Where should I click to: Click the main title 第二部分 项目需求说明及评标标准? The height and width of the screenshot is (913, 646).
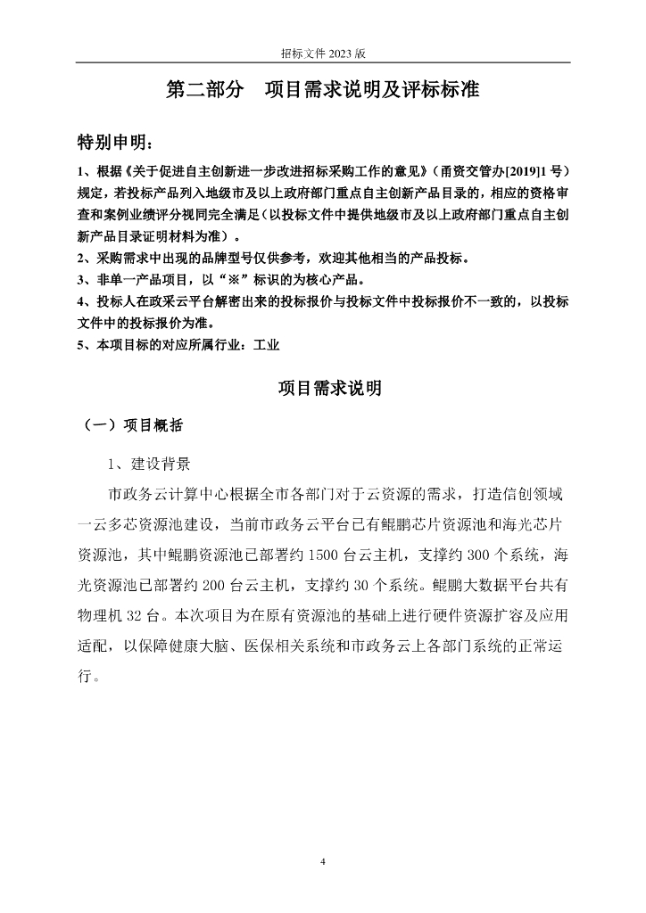tap(323, 90)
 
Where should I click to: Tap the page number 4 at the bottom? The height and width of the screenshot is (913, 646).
tap(323, 861)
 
